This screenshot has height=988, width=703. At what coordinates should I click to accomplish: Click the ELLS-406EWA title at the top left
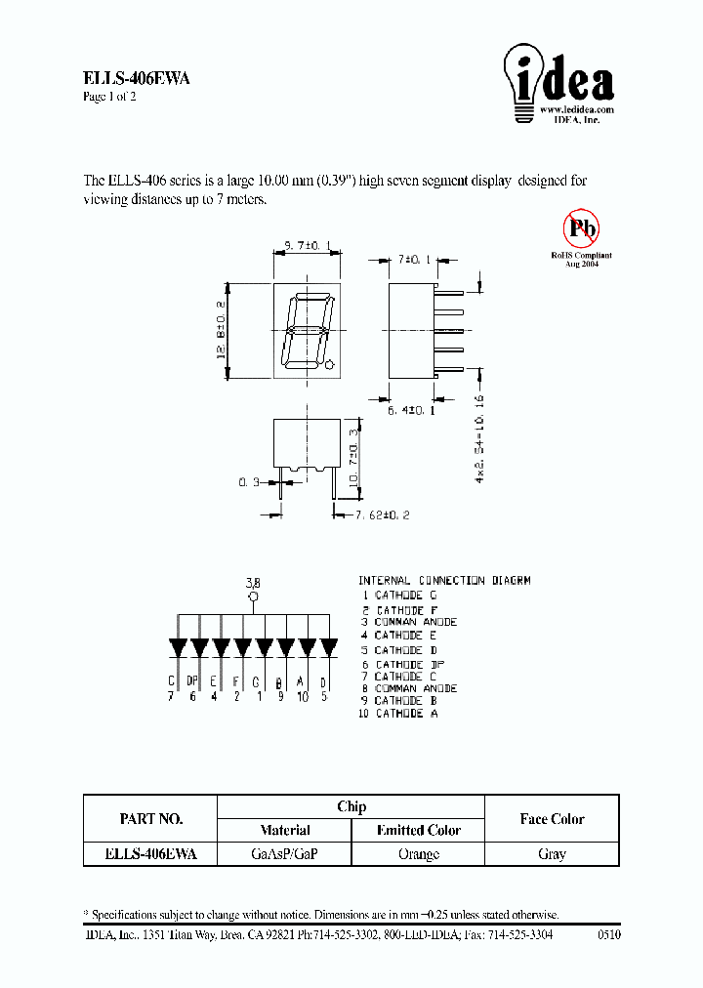135,80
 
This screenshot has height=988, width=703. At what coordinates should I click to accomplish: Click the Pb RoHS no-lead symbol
582,229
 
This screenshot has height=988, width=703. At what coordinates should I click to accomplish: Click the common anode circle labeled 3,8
254,597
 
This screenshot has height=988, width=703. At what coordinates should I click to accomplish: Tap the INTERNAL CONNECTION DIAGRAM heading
444,580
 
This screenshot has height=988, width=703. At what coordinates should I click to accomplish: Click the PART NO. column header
150,818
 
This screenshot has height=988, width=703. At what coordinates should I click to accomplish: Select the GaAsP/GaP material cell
284,853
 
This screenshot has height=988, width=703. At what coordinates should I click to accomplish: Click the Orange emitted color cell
419,853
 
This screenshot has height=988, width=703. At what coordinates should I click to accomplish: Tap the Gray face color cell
552,853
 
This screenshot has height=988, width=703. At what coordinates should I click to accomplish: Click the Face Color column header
552,818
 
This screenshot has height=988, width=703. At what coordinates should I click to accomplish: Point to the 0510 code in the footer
607,934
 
